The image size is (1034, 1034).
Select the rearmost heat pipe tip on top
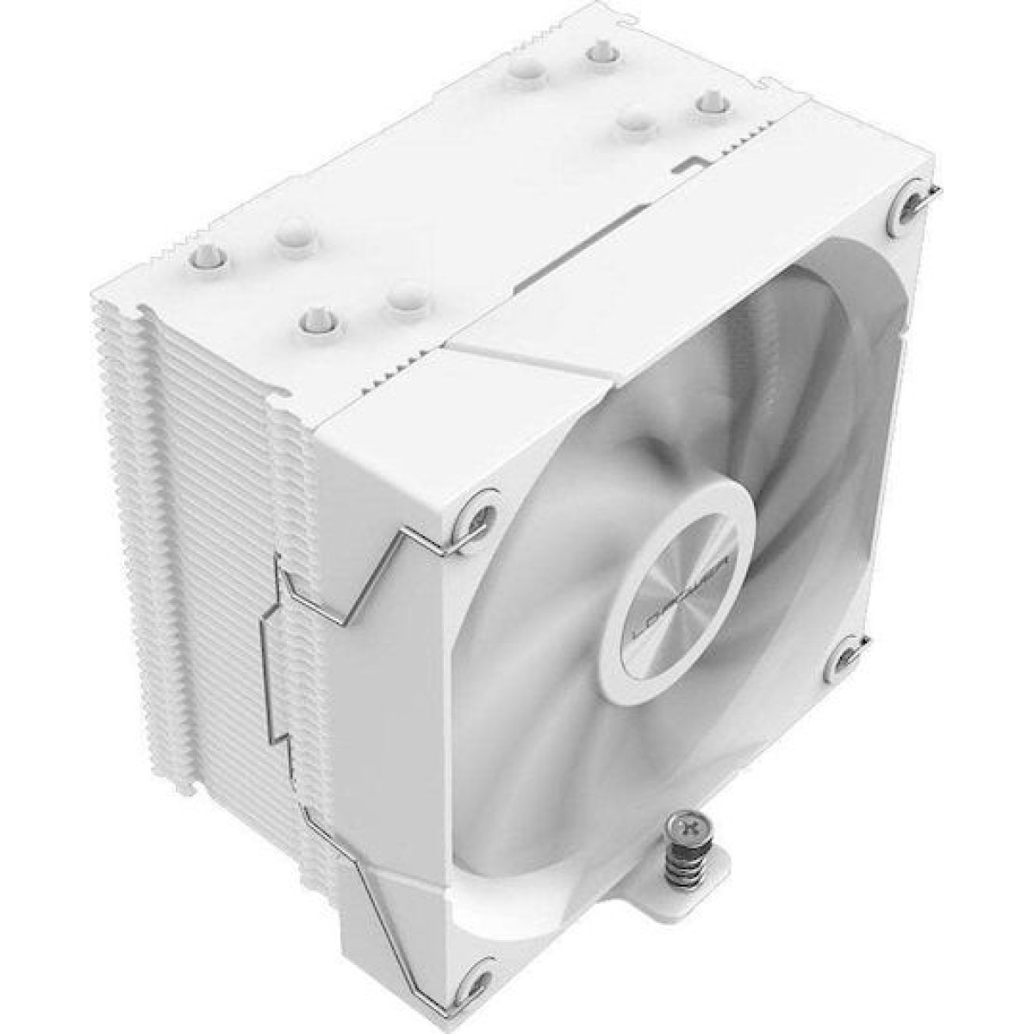(596, 53)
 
